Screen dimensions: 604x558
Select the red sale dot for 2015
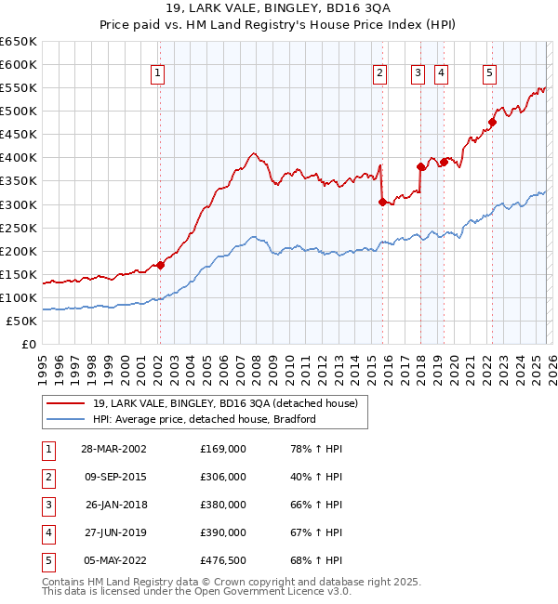(382, 202)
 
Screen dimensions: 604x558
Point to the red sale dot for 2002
(160, 265)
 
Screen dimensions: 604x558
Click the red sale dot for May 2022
(493, 122)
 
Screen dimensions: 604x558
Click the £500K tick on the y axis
(20, 112)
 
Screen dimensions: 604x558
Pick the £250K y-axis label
(20, 228)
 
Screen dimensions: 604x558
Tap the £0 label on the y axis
(28, 344)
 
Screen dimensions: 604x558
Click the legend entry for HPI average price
(205, 419)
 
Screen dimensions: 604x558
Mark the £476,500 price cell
(223, 559)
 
